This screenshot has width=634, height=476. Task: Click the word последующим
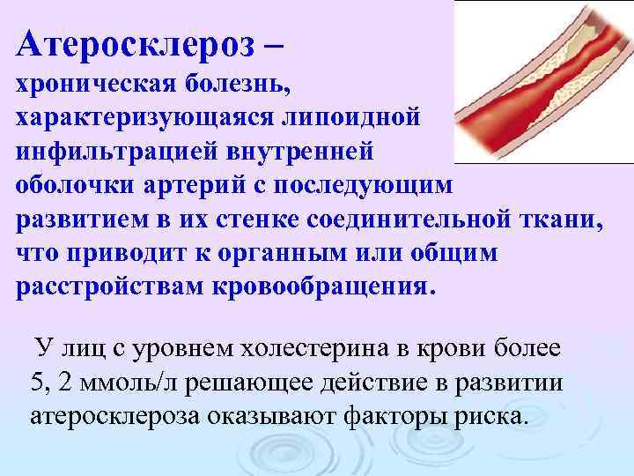[x=382, y=187]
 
